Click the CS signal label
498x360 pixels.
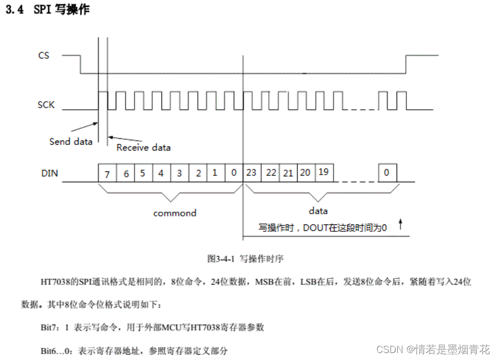[44, 55]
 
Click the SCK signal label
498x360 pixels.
[46, 104]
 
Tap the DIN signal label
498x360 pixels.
[49, 173]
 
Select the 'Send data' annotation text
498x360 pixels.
[71, 141]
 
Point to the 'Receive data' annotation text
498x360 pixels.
[143, 147]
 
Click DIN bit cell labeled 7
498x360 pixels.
[107, 174]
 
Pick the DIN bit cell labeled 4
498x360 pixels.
[161, 174]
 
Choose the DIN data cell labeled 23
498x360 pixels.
[251, 172]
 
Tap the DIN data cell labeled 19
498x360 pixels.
[323, 172]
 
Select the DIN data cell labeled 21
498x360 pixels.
[288, 172]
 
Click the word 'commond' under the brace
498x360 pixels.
[175, 213]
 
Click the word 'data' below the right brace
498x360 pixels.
[318, 210]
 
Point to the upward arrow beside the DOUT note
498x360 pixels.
[400, 223]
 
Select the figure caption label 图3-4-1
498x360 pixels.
[222, 258]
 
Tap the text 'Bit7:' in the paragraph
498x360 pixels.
[52, 327]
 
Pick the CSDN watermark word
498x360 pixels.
[390, 349]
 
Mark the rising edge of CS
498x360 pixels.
[405, 64]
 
